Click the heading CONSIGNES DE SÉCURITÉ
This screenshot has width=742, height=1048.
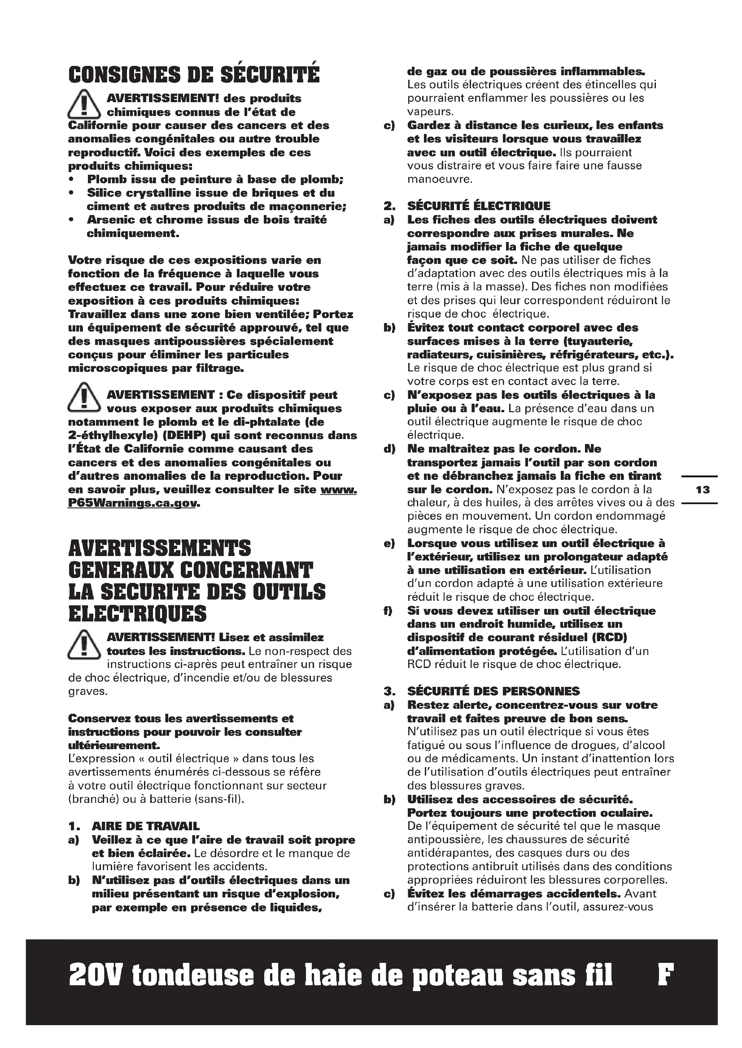click(194, 75)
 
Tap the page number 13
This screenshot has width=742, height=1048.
click(703, 490)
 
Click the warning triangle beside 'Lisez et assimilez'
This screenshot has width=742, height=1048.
click(83, 644)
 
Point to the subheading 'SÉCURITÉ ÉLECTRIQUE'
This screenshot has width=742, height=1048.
click(479, 206)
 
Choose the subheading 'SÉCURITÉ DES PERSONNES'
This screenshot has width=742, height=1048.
click(493, 691)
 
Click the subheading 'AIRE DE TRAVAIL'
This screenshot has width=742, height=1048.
click(145, 826)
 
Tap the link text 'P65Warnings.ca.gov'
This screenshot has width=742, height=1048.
click(132, 503)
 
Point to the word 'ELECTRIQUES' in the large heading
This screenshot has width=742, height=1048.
click(138, 614)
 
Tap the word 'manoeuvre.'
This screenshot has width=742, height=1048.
click(434, 179)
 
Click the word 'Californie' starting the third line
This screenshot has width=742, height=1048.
click(97, 125)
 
